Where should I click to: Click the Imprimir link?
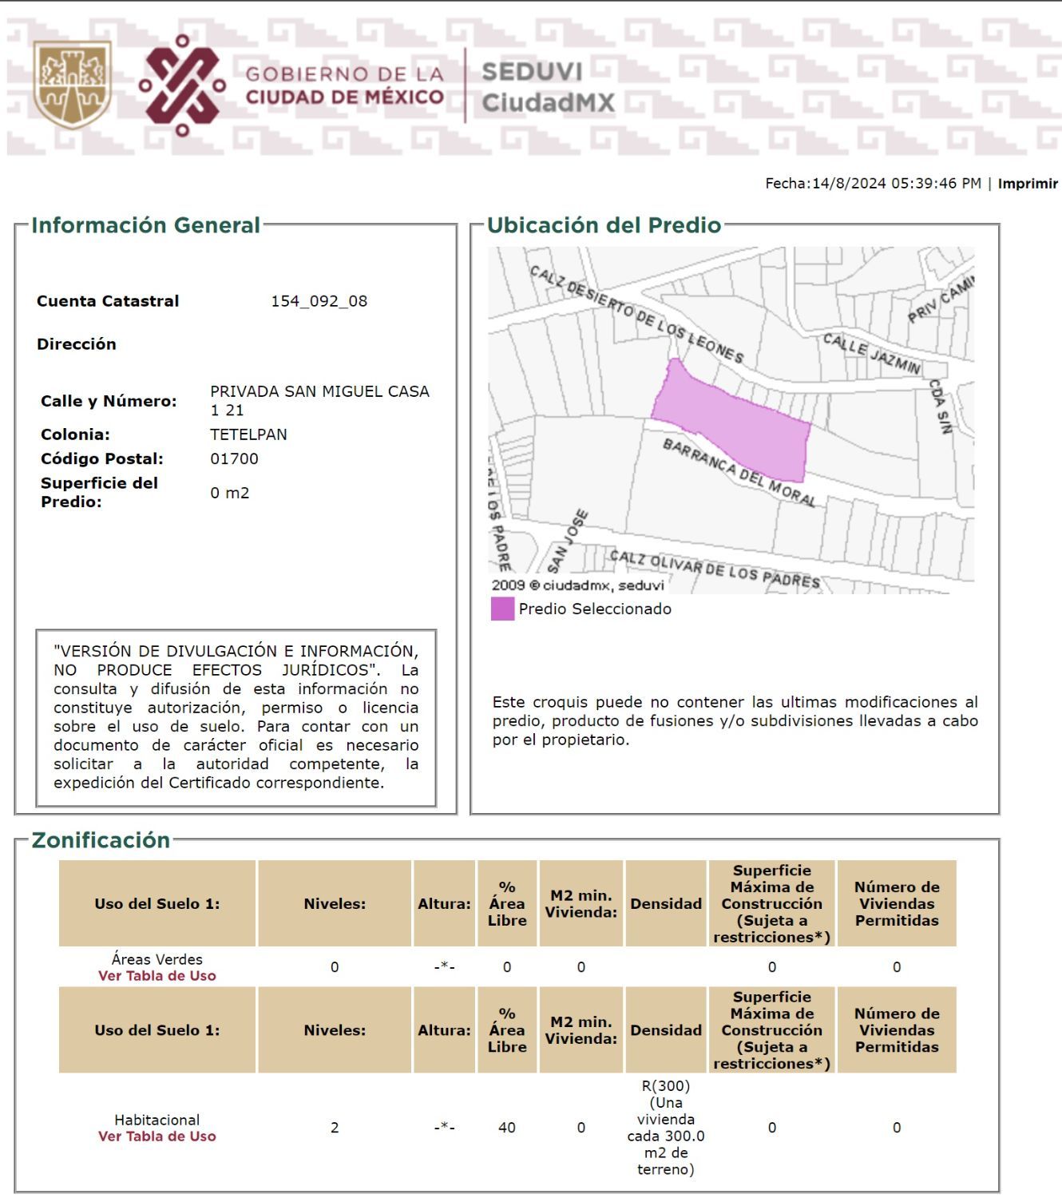coord(1028,184)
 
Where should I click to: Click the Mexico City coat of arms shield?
coord(72,84)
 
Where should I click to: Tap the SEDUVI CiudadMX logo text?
coord(548,87)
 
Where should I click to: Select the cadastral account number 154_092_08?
coord(319,301)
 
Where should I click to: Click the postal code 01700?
coord(234,458)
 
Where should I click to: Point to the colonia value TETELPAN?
coord(248,434)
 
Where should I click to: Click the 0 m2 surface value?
coord(230,493)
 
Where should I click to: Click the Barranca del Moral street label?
coord(739,472)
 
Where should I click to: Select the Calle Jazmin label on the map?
coord(871,354)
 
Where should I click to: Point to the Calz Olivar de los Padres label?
coord(715,568)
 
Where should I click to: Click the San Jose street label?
coord(568,541)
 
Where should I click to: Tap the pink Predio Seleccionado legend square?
coord(502,609)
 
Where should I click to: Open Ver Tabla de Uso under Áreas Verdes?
coord(157,976)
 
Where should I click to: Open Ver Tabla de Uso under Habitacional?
coord(157,1137)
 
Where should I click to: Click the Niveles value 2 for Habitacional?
coord(335,1128)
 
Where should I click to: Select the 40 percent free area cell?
coord(507,1128)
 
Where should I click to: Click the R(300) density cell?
coord(666,1127)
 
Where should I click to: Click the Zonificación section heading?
coord(101,840)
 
